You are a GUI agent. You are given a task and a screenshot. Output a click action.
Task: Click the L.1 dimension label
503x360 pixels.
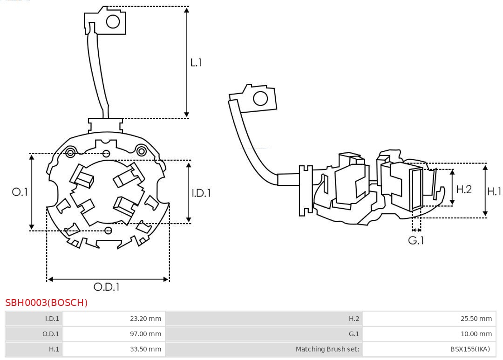(x=196, y=62)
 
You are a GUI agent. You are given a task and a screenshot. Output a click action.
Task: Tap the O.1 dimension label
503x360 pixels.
(x=20, y=192)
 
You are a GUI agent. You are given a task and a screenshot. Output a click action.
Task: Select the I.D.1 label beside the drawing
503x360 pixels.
(x=201, y=193)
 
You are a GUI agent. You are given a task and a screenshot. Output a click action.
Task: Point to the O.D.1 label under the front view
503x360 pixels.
(x=107, y=287)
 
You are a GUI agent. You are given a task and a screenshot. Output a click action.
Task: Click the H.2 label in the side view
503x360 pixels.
(x=463, y=189)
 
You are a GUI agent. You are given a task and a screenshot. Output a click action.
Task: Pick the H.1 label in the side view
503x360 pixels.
(x=494, y=191)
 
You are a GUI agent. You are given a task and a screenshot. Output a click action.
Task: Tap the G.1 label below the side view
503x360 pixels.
(x=416, y=241)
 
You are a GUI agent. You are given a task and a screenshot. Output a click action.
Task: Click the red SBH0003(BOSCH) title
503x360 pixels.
(x=47, y=303)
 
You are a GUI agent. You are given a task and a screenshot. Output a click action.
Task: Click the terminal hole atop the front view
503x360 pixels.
(x=113, y=21)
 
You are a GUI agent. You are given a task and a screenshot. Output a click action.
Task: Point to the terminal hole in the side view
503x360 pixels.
(x=260, y=99)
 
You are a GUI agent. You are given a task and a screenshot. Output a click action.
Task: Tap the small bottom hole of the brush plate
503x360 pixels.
(x=109, y=231)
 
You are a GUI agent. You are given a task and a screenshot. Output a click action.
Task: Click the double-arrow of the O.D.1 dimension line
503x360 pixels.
(x=108, y=279)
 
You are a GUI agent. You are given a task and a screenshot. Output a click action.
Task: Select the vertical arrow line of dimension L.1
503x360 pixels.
(x=187, y=62)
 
